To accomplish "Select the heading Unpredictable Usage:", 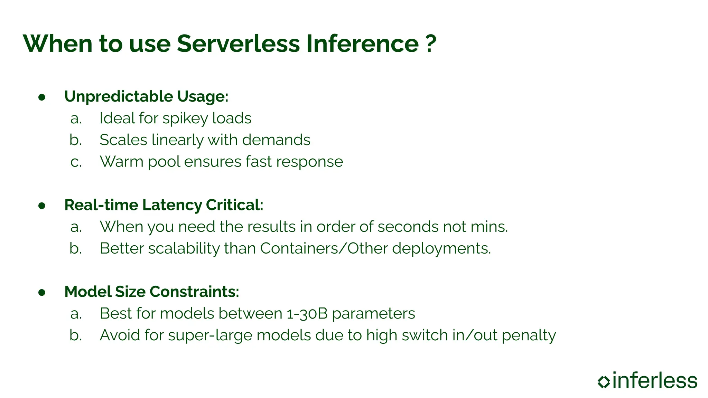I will (x=146, y=96).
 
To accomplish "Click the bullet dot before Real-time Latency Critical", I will (x=42, y=206).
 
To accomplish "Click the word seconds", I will (x=408, y=227).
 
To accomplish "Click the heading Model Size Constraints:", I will (x=151, y=292).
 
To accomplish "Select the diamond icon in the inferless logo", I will (x=604, y=381).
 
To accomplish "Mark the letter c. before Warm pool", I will (x=76, y=162).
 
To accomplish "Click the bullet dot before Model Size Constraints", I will (x=42, y=293).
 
